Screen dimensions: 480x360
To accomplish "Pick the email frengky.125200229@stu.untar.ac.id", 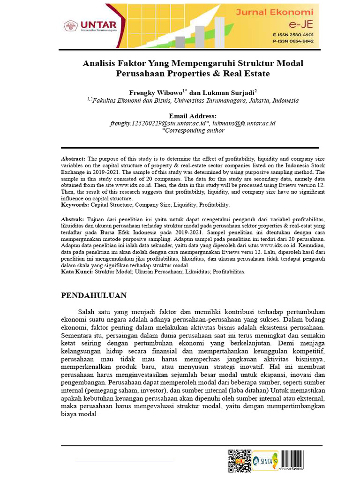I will coord(159,123).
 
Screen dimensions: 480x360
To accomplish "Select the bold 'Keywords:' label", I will coord(75,205).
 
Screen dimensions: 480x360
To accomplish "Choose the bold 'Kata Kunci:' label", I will coord(77,271).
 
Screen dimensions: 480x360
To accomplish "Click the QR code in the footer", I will coord(239,460).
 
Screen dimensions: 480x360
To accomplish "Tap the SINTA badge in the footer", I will coord(265,461).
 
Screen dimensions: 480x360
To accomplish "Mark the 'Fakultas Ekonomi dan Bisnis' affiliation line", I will coord(193,100).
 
